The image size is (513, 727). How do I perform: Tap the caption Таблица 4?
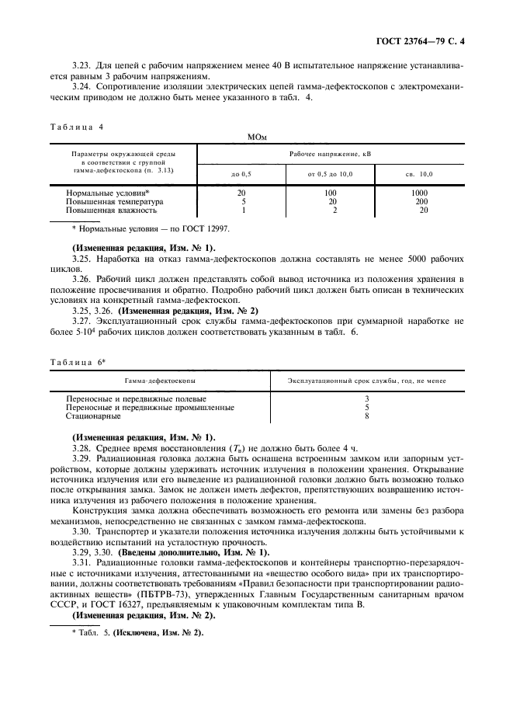point(76,126)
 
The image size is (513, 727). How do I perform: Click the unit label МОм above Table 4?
point(257,137)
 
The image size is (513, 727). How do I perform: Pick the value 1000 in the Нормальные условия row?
point(420,192)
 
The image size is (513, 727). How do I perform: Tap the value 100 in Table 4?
point(330,192)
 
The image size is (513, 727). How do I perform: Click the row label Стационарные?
point(94,416)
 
